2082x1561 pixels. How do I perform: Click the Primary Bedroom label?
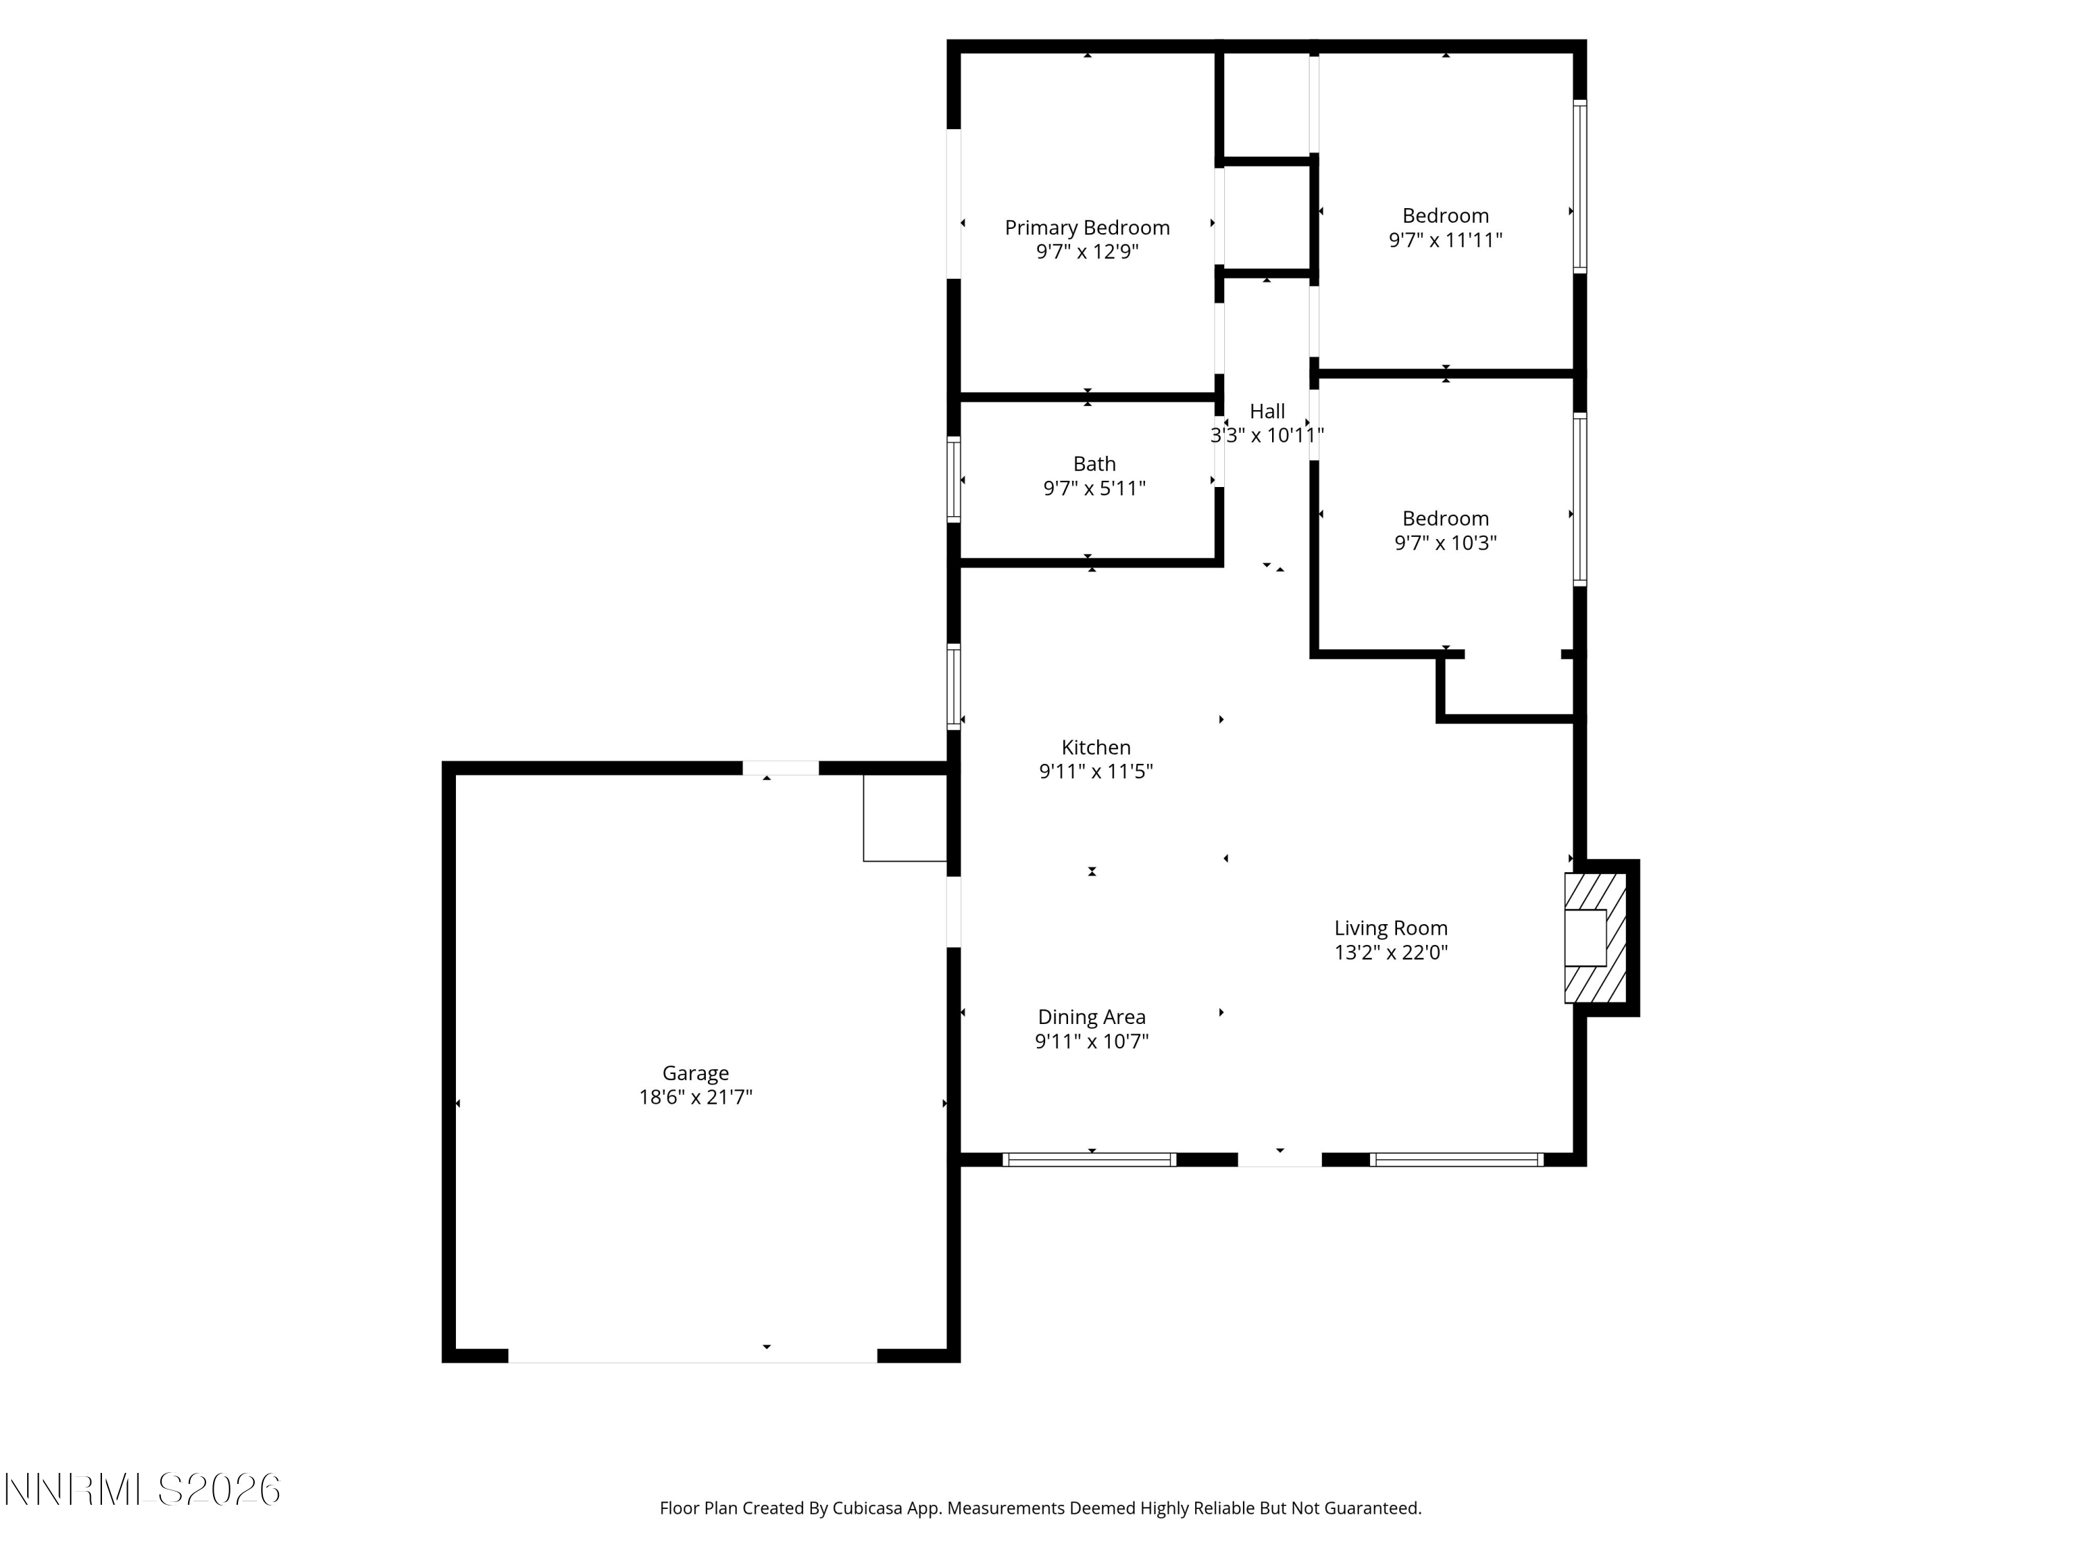tap(1086, 228)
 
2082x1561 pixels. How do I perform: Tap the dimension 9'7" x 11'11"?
tap(1445, 240)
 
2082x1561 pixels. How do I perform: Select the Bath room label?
tap(1094, 464)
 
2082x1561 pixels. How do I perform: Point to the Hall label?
tap(1267, 411)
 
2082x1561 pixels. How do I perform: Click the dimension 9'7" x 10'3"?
tap(1445, 543)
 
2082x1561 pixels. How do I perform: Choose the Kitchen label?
tap(1096, 747)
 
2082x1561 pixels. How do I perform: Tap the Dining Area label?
tap(1091, 1017)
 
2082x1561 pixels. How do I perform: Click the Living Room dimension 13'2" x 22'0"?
tap(1390, 953)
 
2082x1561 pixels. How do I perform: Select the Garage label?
tap(695, 1073)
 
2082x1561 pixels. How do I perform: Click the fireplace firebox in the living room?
tap(1585, 938)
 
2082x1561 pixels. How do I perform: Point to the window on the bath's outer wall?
tap(954, 480)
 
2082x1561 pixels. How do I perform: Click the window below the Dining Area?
tap(1089, 1160)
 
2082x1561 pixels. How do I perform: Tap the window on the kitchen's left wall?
tap(954, 687)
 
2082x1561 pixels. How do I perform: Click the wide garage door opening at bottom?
tap(693, 1355)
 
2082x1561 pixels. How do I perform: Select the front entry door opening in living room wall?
tap(1279, 1160)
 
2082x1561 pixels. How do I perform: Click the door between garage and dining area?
tap(954, 912)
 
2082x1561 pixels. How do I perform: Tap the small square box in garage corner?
tap(904, 818)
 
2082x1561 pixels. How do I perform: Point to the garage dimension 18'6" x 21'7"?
tap(695, 1097)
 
